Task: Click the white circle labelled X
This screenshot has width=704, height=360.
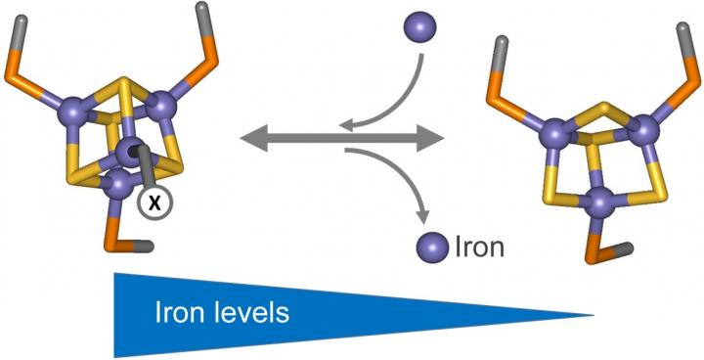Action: [154, 204]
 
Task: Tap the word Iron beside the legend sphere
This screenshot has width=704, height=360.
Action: [478, 247]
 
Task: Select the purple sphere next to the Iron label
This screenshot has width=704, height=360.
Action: [433, 247]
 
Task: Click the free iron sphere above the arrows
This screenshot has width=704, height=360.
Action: [419, 27]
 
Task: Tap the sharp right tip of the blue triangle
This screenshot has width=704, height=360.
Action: [594, 316]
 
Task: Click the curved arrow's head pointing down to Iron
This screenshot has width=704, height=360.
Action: [421, 217]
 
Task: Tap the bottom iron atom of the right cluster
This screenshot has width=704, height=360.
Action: [604, 204]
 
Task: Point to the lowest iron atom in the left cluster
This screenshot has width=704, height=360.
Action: [119, 185]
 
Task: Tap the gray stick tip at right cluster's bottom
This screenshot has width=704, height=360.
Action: [629, 247]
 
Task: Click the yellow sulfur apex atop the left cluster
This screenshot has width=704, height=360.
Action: [122, 81]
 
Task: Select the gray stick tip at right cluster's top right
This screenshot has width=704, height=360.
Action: [682, 27]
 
